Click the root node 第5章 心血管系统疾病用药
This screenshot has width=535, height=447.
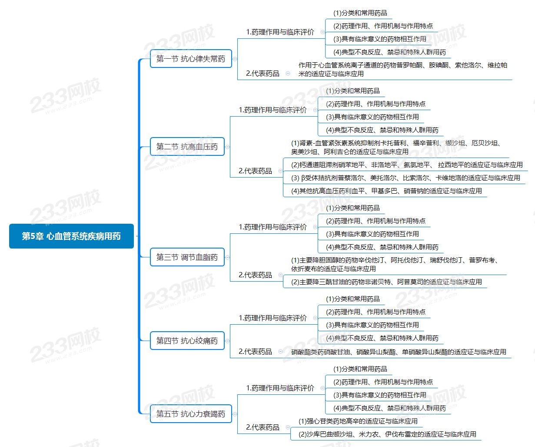pyautogui.click(x=71, y=236)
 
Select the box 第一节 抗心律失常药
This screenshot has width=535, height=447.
pyautogui.click(x=191, y=59)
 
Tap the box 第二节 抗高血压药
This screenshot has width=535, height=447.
pyautogui.click(x=187, y=147)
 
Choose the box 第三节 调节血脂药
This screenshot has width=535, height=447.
pyautogui.click(x=187, y=257)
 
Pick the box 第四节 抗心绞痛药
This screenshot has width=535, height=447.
pyautogui.click(x=187, y=341)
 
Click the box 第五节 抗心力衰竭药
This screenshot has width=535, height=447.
pyautogui.click(x=191, y=414)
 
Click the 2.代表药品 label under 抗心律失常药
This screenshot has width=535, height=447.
pyautogui.click(x=263, y=74)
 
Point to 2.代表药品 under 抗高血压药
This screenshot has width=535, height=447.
pyautogui.click(x=255, y=171)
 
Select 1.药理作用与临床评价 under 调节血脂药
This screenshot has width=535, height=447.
pyautogui.click(x=272, y=227)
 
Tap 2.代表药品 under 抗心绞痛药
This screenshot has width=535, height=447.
pyautogui.click(x=255, y=352)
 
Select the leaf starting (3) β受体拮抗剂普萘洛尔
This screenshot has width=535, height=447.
pyautogui.click(x=405, y=178)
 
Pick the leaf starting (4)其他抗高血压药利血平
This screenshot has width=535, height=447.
pyautogui.click(x=386, y=191)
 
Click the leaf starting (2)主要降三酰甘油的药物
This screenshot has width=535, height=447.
pyautogui.click(x=386, y=282)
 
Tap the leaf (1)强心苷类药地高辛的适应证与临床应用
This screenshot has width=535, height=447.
pyautogui.click(x=358, y=421)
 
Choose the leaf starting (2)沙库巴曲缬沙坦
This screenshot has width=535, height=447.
pyautogui.click(x=387, y=434)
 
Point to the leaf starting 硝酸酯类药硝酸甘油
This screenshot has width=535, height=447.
pyautogui.click(x=399, y=352)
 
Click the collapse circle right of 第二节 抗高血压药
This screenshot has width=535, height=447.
pyautogui.click(x=227, y=147)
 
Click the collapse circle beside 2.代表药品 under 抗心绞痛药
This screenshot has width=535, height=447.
pyautogui.click(x=280, y=352)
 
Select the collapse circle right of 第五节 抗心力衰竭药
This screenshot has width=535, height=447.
pyautogui.click(x=235, y=414)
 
